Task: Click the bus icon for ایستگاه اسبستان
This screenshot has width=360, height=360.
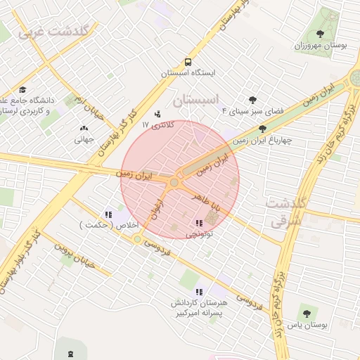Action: (188, 61)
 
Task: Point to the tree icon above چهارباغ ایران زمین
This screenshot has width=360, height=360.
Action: (263, 129)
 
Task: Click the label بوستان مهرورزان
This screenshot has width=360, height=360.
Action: (324, 44)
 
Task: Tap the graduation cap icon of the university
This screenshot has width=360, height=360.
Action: (22, 89)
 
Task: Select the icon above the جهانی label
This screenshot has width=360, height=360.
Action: (85, 128)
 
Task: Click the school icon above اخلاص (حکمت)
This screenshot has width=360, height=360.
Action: (108, 214)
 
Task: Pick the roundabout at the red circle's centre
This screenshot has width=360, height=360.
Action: (174, 183)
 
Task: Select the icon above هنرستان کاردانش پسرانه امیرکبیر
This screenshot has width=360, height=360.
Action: (199, 290)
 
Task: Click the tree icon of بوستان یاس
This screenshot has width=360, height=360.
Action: (306, 314)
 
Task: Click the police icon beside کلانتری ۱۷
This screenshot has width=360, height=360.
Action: (157, 113)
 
